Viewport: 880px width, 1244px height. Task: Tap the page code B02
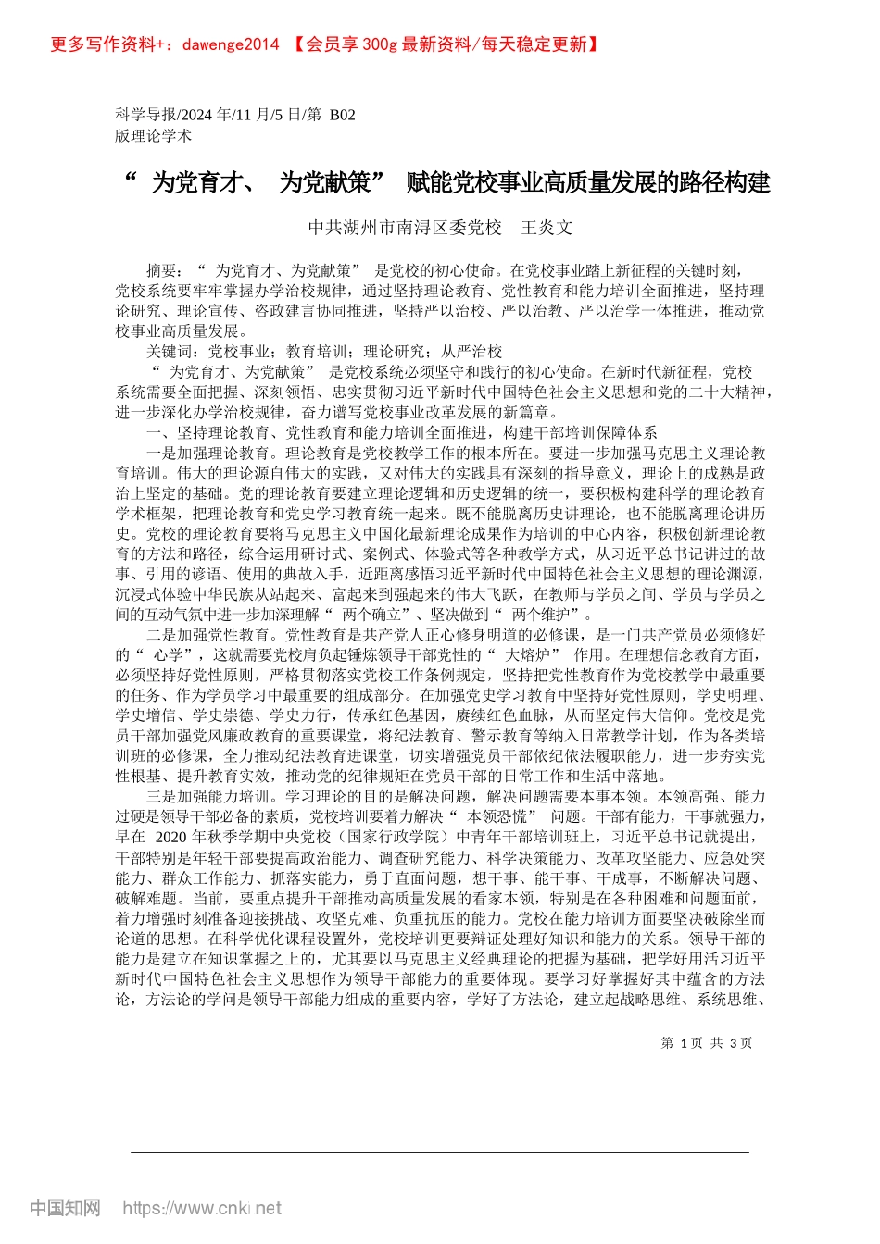(342, 115)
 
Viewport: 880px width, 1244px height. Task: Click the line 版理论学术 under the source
(154, 135)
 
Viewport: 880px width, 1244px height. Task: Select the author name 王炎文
(547, 227)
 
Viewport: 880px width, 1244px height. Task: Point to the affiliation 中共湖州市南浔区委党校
(404, 227)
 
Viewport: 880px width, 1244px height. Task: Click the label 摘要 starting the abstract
(162, 270)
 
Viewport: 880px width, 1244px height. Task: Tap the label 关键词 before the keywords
(170, 351)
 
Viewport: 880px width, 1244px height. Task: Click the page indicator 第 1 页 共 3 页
(707, 1043)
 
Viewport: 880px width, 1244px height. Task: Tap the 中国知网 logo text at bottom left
(65, 1207)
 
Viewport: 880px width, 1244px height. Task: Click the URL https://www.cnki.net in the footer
(202, 1208)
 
